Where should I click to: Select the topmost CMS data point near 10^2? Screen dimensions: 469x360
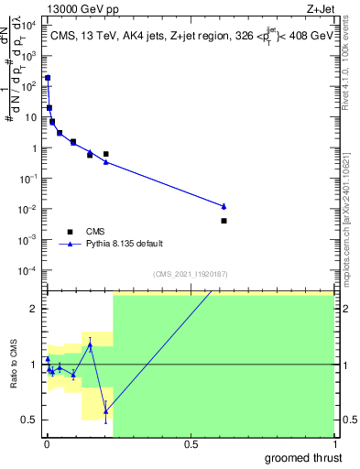48,79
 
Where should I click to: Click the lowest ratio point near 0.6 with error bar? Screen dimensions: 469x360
106,411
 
